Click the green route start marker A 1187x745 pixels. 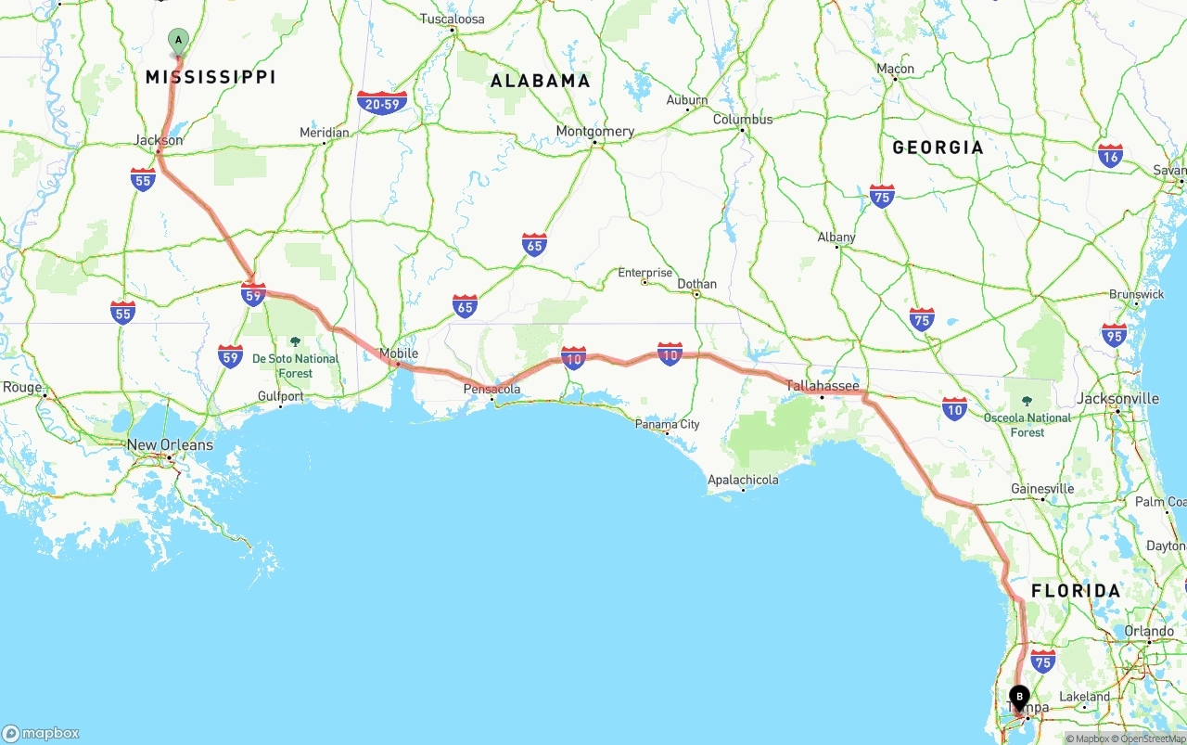click(178, 41)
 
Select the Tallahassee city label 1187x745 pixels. click(823, 386)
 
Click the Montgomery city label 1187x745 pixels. click(594, 131)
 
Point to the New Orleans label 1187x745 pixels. click(170, 445)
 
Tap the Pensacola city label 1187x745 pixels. click(491, 390)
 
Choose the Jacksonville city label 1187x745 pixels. click(1117, 399)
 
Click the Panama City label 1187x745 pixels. click(667, 425)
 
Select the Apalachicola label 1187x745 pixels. click(743, 480)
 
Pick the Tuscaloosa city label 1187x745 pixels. click(453, 19)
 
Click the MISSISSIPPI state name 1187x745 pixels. click(211, 77)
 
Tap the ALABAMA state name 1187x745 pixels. click(540, 81)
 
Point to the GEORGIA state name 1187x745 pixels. click(938, 148)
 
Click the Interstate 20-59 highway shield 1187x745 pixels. click(382, 103)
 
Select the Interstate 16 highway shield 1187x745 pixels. click(1110, 155)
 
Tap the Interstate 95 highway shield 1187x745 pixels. click(1115, 335)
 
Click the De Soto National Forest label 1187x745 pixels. click(296, 366)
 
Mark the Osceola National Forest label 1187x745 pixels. click(1027, 425)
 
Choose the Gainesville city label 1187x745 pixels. click(1042, 489)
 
